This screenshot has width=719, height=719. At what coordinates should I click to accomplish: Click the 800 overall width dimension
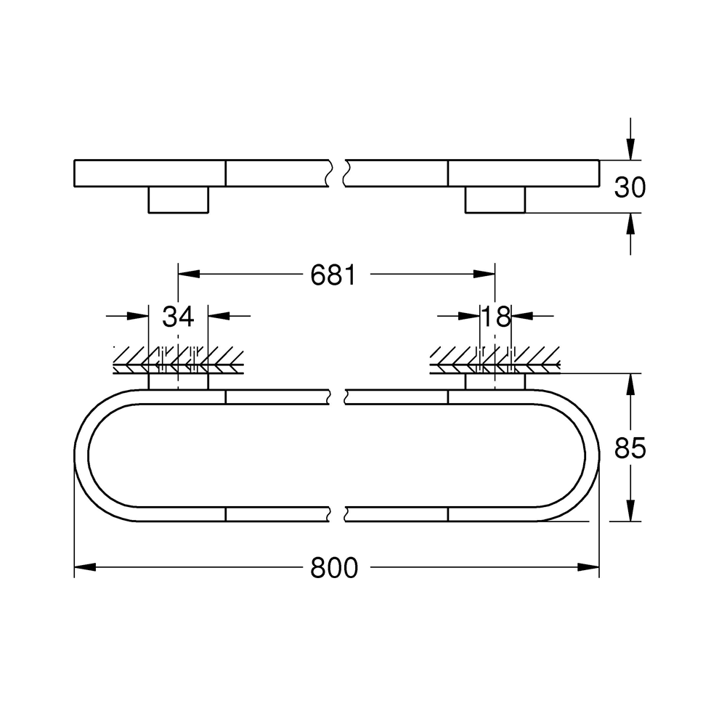(x=334, y=567)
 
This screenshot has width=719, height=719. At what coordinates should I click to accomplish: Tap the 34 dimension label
(x=178, y=317)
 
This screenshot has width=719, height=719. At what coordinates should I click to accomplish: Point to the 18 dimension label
(x=496, y=317)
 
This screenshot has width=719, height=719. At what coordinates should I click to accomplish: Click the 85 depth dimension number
(x=630, y=449)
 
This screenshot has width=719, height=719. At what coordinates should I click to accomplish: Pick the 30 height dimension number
(x=630, y=187)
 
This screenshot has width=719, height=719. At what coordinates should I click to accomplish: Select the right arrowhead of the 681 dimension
(x=484, y=275)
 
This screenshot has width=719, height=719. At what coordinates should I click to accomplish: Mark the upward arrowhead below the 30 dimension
(x=630, y=224)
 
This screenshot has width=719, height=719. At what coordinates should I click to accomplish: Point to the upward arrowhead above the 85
(x=630, y=385)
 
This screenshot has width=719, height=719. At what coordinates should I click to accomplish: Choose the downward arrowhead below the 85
(x=630, y=511)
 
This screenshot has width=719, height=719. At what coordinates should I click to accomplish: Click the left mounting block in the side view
(x=178, y=200)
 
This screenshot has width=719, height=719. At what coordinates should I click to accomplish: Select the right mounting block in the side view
(x=495, y=200)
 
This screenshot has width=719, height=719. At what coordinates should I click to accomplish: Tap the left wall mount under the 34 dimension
(x=178, y=382)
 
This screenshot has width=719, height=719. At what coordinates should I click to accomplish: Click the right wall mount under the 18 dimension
(x=495, y=382)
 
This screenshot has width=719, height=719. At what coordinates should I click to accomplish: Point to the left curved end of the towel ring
(x=82, y=455)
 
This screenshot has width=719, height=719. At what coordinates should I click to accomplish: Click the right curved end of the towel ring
(x=592, y=455)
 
